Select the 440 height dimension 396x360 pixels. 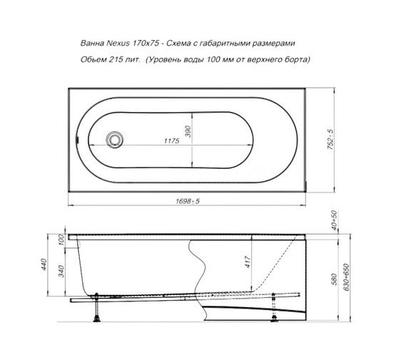coord(44,265)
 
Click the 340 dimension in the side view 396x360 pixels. coord(61,273)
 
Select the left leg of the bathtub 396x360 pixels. coord(95,307)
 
